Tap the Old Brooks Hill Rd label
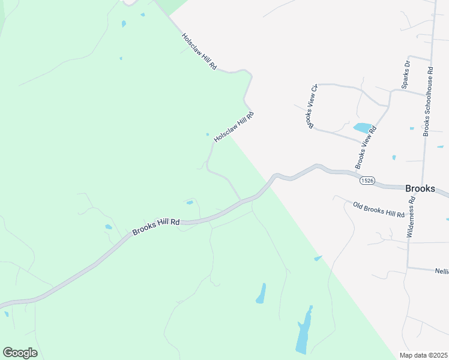coord(379,210)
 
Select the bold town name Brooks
coord(420,188)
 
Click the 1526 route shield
coord(368,180)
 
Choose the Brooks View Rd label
coord(366,146)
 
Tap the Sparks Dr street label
coord(406,74)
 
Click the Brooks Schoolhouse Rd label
coord(428,101)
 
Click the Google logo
coord(20,353)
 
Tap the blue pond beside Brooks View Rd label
coord(362,127)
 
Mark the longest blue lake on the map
coord(304,330)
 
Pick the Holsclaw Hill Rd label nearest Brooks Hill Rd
coord(234,126)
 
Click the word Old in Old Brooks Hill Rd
coord(359,205)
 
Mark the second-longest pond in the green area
coord(261,293)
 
